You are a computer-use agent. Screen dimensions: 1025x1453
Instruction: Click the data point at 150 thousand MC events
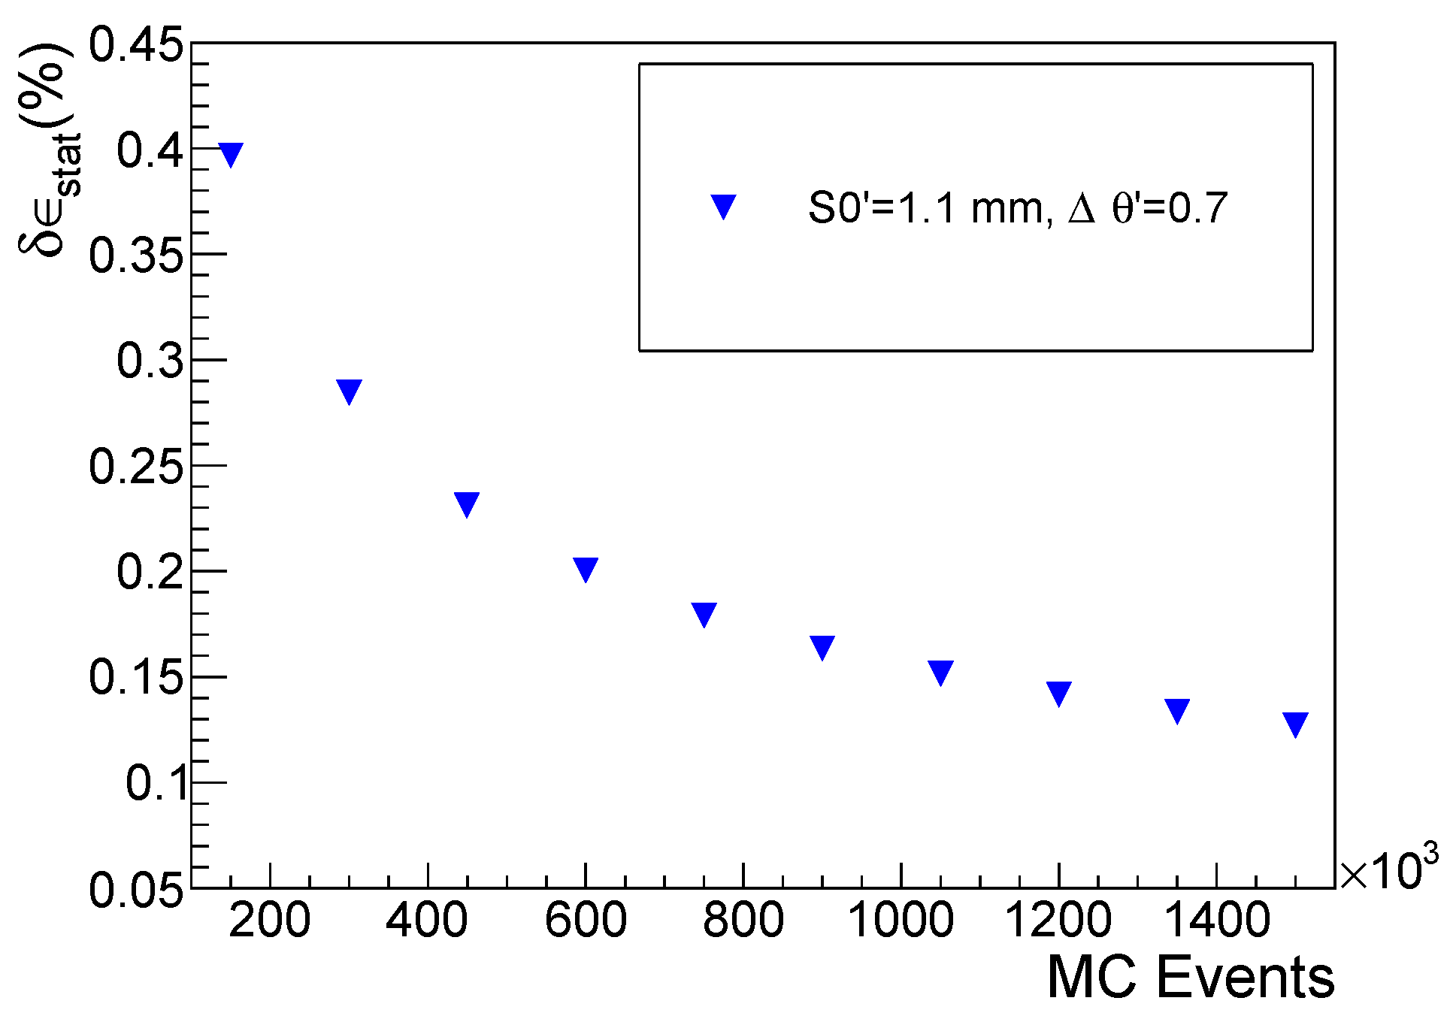pyautogui.click(x=231, y=154)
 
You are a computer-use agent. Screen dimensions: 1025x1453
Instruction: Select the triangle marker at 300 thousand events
pyautogui.click(x=349, y=392)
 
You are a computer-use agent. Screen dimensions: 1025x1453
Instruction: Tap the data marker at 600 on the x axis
pyautogui.click(x=586, y=570)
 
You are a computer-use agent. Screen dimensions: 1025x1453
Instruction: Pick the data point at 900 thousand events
pyautogui.click(x=822, y=647)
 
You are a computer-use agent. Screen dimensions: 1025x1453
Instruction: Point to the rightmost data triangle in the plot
pyautogui.click(x=1295, y=724)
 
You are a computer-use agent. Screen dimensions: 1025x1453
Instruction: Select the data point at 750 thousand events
pyautogui.click(x=704, y=615)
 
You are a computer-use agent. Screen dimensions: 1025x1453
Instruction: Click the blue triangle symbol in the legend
pyautogui.click(x=723, y=207)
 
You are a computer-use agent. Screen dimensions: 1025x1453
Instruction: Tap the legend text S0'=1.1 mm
pyautogui.click(x=925, y=208)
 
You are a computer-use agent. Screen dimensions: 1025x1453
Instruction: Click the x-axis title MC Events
pyautogui.click(x=1191, y=977)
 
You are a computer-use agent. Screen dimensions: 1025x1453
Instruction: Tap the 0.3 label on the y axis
pyautogui.click(x=150, y=360)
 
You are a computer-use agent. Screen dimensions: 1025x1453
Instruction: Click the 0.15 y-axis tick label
pyautogui.click(x=136, y=677)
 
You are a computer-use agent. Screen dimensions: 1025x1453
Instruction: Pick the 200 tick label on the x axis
pyautogui.click(x=269, y=921)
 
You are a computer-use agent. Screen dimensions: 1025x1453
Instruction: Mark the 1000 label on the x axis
pyautogui.click(x=901, y=921)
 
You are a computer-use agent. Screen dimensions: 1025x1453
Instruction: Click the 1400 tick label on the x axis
pyautogui.click(x=1216, y=921)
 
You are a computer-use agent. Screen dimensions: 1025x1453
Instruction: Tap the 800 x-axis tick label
pyautogui.click(x=743, y=921)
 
